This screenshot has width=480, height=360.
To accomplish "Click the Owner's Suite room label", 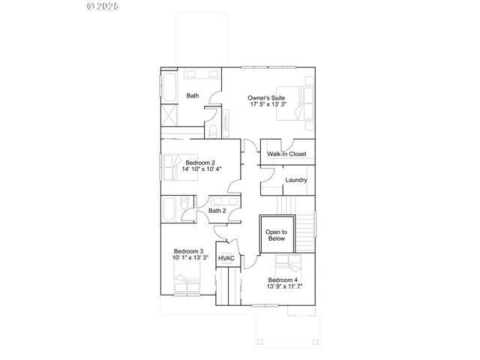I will click(x=267, y=97).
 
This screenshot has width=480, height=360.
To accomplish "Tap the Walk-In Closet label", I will click(x=286, y=154).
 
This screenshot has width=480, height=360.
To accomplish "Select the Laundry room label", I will click(x=296, y=180).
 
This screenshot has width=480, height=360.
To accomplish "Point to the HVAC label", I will click(x=226, y=259).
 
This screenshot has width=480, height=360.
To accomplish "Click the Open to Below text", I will click(x=277, y=235).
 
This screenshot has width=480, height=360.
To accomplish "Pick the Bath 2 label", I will click(x=217, y=211).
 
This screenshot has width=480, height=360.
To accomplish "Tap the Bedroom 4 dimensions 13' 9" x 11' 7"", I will click(x=285, y=286).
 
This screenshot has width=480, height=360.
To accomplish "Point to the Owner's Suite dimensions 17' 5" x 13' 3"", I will click(x=267, y=105).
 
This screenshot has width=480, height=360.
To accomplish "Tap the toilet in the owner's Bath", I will click(x=214, y=132).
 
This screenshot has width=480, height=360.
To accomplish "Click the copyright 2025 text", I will click(x=103, y=6).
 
